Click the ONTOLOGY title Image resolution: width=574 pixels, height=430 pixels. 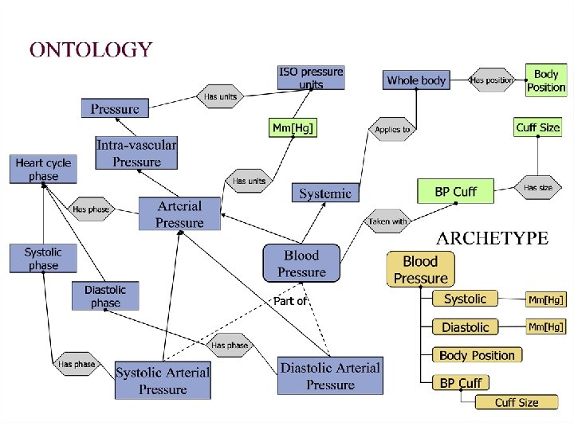click(90, 50)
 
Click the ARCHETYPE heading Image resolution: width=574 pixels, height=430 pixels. click(492, 238)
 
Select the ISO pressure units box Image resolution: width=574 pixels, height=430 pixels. click(311, 78)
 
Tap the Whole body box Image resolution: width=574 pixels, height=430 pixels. click(416, 80)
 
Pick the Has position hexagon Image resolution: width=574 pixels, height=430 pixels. click(491, 80)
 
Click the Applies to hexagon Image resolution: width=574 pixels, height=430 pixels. click(391, 129)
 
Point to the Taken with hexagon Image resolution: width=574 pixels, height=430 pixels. click(388, 221)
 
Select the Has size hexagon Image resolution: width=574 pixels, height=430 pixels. click(538, 188)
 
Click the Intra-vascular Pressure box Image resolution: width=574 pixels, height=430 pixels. click(136, 153)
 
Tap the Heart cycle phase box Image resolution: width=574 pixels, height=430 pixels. click(44, 170)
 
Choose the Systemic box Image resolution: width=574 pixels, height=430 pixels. click(324, 193)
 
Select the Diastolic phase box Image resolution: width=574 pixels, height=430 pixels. click(105, 296)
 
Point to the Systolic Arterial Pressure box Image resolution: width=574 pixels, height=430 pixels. click(163, 381)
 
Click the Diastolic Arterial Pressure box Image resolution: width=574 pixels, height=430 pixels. click(330, 376)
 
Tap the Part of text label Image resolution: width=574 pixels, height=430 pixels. click(289, 301)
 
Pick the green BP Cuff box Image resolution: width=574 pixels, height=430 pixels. click(455, 191)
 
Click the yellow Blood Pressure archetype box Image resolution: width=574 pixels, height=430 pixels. click(421, 269)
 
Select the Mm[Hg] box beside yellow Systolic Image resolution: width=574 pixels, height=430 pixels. click(546, 300)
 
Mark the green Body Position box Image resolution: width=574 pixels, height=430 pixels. click(546, 80)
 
